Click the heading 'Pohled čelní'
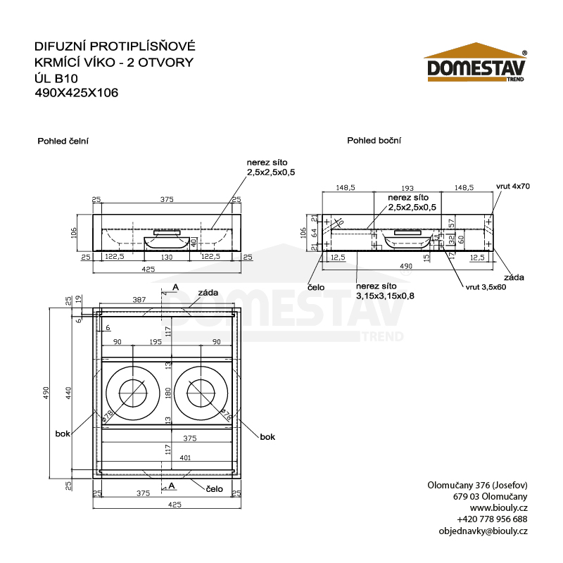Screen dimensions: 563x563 (63, 141)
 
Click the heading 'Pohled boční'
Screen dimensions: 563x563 (374, 141)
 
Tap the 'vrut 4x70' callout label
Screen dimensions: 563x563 (512, 186)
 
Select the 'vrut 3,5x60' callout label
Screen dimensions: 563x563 (486, 288)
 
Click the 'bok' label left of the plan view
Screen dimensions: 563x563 (63, 434)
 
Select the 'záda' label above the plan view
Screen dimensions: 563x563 (208, 292)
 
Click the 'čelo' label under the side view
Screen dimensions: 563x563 (316, 287)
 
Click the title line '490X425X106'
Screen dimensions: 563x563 (76, 91)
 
